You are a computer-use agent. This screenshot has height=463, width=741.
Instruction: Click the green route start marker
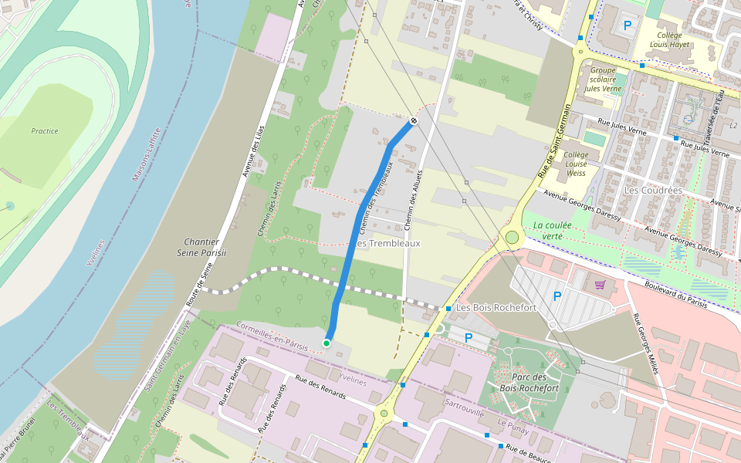pos(327,343)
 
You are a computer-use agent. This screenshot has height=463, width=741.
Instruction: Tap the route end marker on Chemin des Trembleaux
pos(414,120)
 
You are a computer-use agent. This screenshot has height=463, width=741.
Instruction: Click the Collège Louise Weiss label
pos(576,164)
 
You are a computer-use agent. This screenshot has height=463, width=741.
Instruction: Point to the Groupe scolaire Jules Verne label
pos(602,79)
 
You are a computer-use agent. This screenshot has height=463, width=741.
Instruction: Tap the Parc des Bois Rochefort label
pos(528,382)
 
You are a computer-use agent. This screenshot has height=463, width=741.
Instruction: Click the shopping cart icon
pos(600,285)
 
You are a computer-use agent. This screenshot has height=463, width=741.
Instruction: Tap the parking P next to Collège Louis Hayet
pos(628,25)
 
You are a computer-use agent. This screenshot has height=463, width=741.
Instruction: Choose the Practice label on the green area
pos(45,131)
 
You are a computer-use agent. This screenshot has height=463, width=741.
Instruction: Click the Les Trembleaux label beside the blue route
pos(389,243)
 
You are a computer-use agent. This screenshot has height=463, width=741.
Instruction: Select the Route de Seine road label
pos(200,286)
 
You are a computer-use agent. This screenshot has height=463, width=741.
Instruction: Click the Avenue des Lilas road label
pos(254,151)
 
